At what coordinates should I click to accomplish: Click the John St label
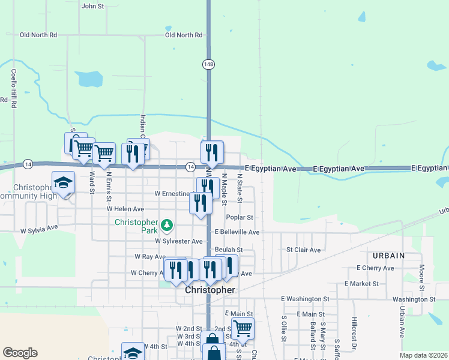[x=92, y=6]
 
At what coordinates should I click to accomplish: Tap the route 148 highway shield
[x=208, y=64]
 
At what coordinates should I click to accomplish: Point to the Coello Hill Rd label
[x=13, y=88]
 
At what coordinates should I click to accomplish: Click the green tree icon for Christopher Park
[x=167, y=226]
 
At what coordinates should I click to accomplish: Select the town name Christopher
[x=209, y=290]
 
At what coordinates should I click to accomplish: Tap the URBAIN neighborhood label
[x=388, y=256]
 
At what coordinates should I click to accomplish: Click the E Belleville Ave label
[x=237, y=232]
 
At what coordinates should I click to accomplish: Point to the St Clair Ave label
[x=303, y=250]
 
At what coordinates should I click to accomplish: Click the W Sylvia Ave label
[x=39, y=229]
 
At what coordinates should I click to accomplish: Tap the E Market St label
[x=361, y=283]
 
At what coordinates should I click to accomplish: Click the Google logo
[x=20, y=353]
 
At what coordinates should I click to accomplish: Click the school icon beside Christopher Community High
[x=62, y=183]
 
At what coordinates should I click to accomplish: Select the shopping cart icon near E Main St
[x=243, y=328]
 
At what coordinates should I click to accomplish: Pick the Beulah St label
[x=228, y=250]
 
